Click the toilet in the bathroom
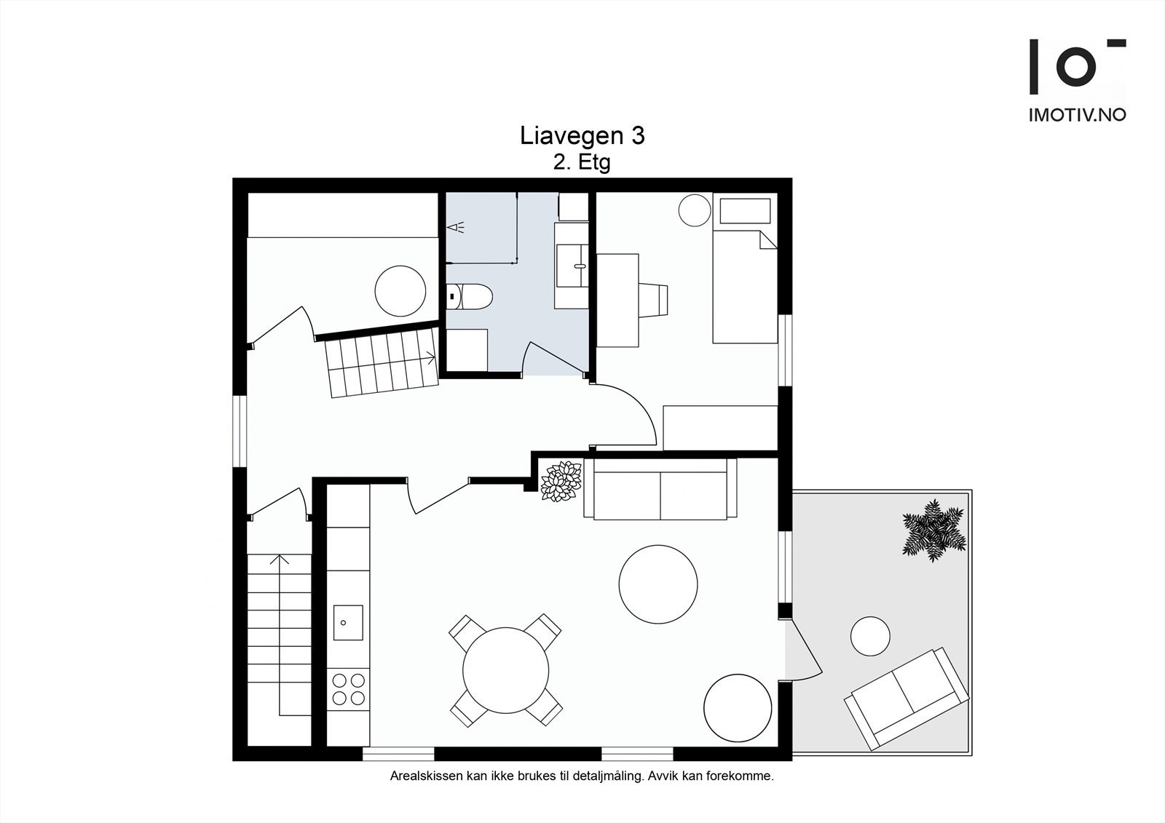(x=470, y=296)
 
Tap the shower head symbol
(x=456, y=228)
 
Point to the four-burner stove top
(x=348, y=688)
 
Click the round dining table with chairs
(x=506, y=669)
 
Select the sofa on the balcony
(x=907, y=697)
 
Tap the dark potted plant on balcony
(x=933, y=529)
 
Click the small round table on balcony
(x=870, y=636)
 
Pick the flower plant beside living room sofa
(x=561, y=481)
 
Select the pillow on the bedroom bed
(x=745, y=211)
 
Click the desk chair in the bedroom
(x=653, y=299)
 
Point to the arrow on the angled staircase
(x=430, y=357)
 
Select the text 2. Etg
(x=581, y=162)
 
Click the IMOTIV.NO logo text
(x=1077, y=115)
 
